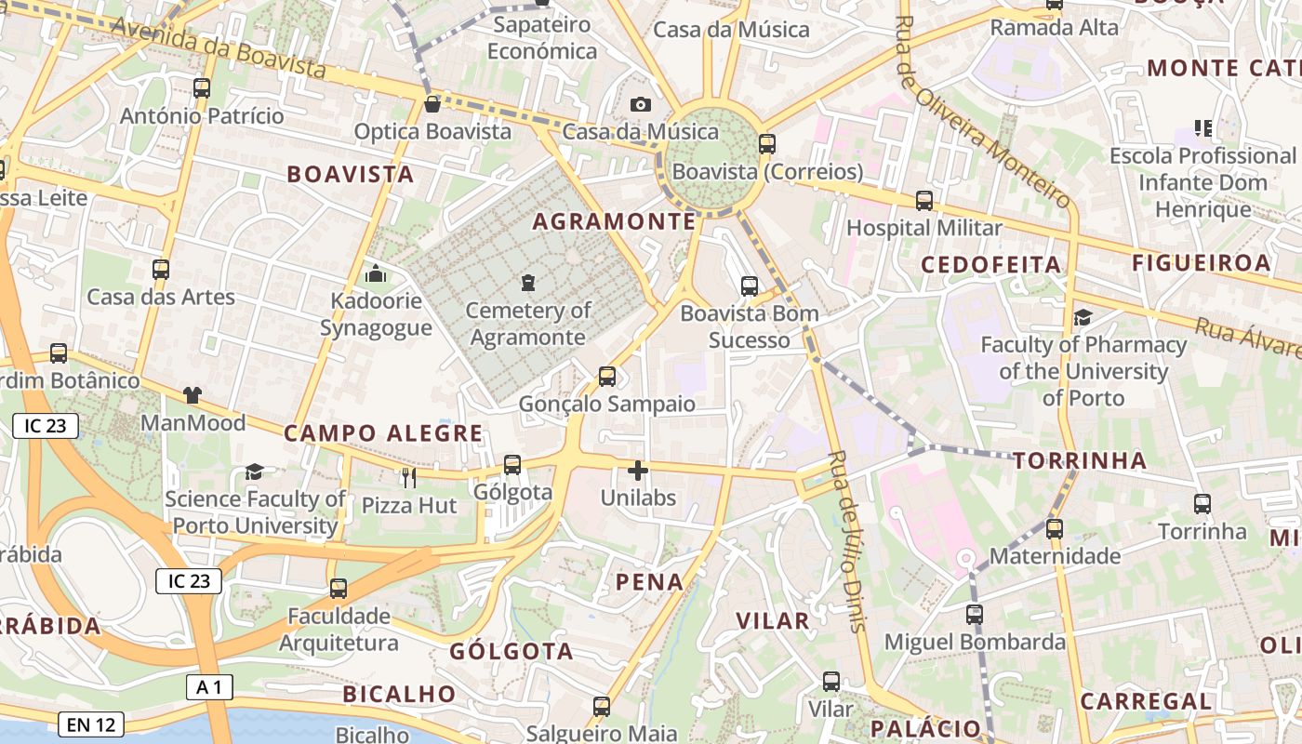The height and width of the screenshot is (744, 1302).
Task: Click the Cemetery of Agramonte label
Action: click(x=528, y=324)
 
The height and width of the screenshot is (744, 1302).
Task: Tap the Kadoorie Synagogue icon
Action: click(x=376, y=273)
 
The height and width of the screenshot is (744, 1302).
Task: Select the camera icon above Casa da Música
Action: click(x=641, y=104)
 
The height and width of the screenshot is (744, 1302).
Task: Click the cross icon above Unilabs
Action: click(x=638, y=471)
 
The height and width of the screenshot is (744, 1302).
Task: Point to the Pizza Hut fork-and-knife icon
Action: click(x=408, y=478)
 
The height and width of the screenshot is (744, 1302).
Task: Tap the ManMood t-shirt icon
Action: click(x=193, y=395)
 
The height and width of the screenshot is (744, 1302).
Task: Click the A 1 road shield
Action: click(x=209, y=687)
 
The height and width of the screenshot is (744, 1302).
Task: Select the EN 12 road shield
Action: click(x=91, y=724)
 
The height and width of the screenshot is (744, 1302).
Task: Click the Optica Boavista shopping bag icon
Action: click(x=432, y=104)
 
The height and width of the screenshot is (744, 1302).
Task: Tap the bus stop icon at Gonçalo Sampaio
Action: click(x=607, y=376)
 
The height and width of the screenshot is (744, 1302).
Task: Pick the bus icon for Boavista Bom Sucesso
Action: click(x=750, y=286)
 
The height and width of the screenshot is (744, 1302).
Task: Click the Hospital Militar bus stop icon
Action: click(x=924, y=200)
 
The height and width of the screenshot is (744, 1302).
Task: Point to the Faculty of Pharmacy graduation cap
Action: click(x=1083, y=318)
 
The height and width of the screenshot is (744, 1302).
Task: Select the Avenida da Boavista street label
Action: click(x=219, y=48)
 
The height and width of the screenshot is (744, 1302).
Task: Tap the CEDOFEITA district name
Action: click(x=991, y=265)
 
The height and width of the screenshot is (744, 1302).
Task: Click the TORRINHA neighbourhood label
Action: click(x=1080, y=460)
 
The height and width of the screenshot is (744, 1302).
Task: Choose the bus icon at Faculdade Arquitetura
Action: click(x=339, y=589)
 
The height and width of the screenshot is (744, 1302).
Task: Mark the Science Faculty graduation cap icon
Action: click(x=254, y=472)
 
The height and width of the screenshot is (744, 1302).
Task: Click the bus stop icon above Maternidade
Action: click(x=1055, y=529)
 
